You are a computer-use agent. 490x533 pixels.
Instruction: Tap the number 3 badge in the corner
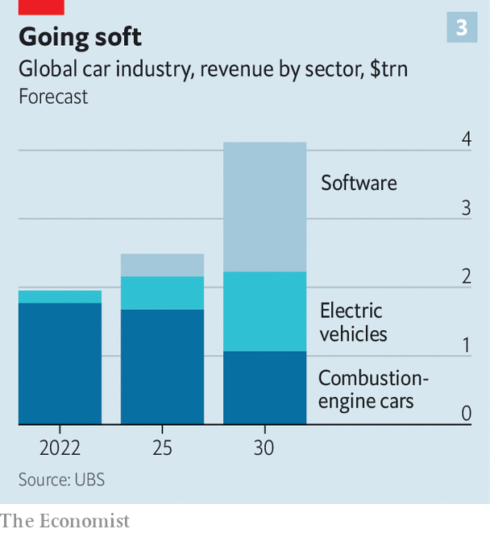(462, 28)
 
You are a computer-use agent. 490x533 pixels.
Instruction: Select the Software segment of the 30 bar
(264, 207)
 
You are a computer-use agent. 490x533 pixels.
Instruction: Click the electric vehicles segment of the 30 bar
(264, 312)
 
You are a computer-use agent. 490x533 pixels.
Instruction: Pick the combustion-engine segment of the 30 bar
(264, 387)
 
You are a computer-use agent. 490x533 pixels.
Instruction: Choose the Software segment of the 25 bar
(162, 265)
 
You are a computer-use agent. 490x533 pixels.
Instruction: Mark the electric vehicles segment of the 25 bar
(162, 293)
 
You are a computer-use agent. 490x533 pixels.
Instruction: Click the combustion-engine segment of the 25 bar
(162, 366)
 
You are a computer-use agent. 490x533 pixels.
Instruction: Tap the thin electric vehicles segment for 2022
(60, 297)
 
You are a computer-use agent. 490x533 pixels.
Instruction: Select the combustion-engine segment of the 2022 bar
(60, 363)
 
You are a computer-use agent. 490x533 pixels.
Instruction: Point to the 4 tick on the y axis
(466, 139)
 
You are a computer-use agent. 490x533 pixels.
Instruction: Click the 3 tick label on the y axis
(466, 208)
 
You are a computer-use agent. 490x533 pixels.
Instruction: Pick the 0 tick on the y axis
(466, 413)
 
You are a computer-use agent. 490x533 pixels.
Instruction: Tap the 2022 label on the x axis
(60, 448)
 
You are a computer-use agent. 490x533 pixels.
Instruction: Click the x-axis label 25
(162, 448)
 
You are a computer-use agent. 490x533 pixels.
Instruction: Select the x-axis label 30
(264, 448)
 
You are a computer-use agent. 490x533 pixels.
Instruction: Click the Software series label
(359, 183)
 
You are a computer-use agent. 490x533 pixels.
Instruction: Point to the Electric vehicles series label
(353, 322)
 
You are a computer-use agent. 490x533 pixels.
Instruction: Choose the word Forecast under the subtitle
(53, 97)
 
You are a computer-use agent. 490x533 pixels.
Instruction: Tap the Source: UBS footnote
(61, 479)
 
